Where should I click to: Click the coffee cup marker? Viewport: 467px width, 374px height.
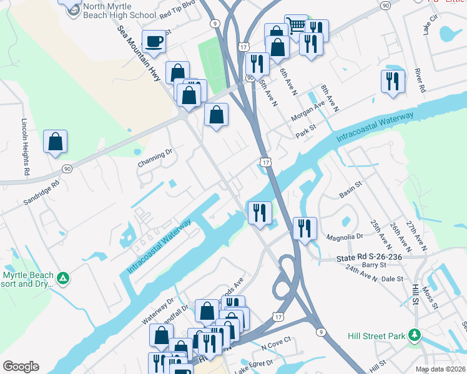pos(154,42)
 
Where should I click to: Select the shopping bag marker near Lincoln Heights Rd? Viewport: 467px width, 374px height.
pos(56,142)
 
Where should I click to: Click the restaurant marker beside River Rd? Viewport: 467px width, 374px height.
pos(393,82)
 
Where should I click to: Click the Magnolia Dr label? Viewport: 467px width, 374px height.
pos(345,237)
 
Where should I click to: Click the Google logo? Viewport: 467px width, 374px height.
pos(21,367)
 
